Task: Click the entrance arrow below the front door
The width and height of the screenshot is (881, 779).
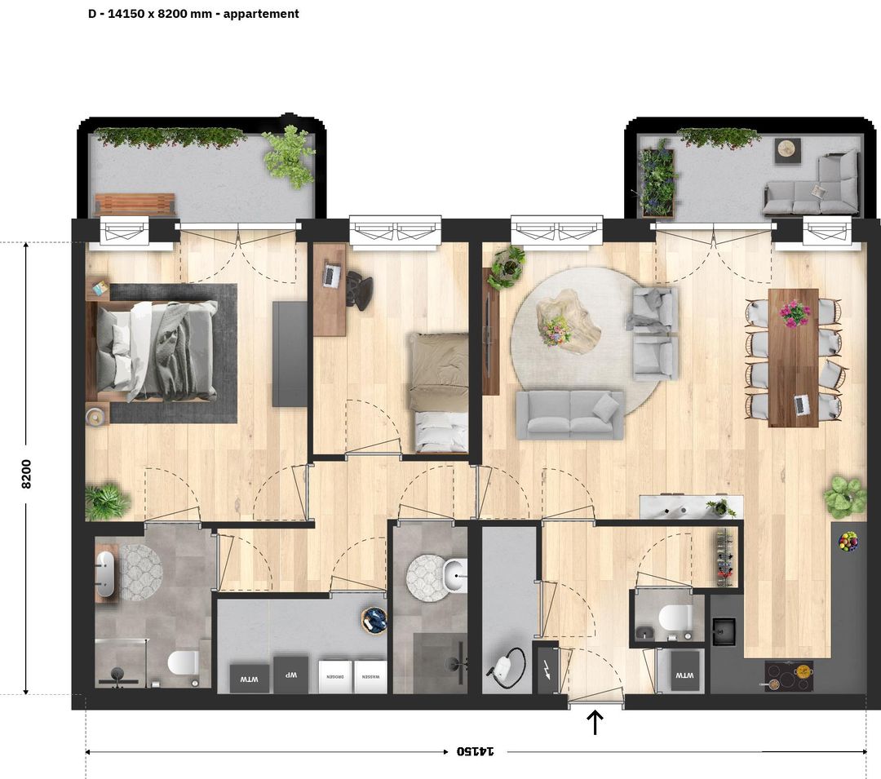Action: pyautogui.click(x=595, y=722)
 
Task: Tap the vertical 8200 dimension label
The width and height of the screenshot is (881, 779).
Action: pyautogui.click(x=26, y=472)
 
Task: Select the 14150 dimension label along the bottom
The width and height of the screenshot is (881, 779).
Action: pyautogui.click(x=476, y=750)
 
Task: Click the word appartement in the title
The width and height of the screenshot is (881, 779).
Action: pyautogui.click(x=260, y=14)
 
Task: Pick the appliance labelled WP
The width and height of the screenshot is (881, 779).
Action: pyautogui.click(x=290, y=675)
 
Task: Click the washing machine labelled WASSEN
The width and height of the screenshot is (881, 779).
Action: pyautogui.click(x=370, y=677)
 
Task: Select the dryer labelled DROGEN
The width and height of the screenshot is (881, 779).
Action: pyautogui.click(x=335, y=677)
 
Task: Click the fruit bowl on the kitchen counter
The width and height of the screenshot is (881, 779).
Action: pyautogui.click(x=849, y=541)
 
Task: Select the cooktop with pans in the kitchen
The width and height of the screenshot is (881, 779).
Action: pyautogui.click(x=788, y=675)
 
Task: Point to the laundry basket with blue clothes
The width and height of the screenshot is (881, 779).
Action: pyautogui.click(x=375, y=621)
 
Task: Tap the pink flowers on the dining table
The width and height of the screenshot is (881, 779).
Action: pyautogui.click(x=794, y=312)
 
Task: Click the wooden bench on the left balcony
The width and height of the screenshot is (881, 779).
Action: pyautogui.click(x=135, y=204)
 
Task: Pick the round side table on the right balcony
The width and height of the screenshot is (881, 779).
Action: pyautogui.click(x=787, y=149)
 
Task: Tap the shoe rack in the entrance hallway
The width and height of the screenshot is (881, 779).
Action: pyautogui.click(x=724, y=557)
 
